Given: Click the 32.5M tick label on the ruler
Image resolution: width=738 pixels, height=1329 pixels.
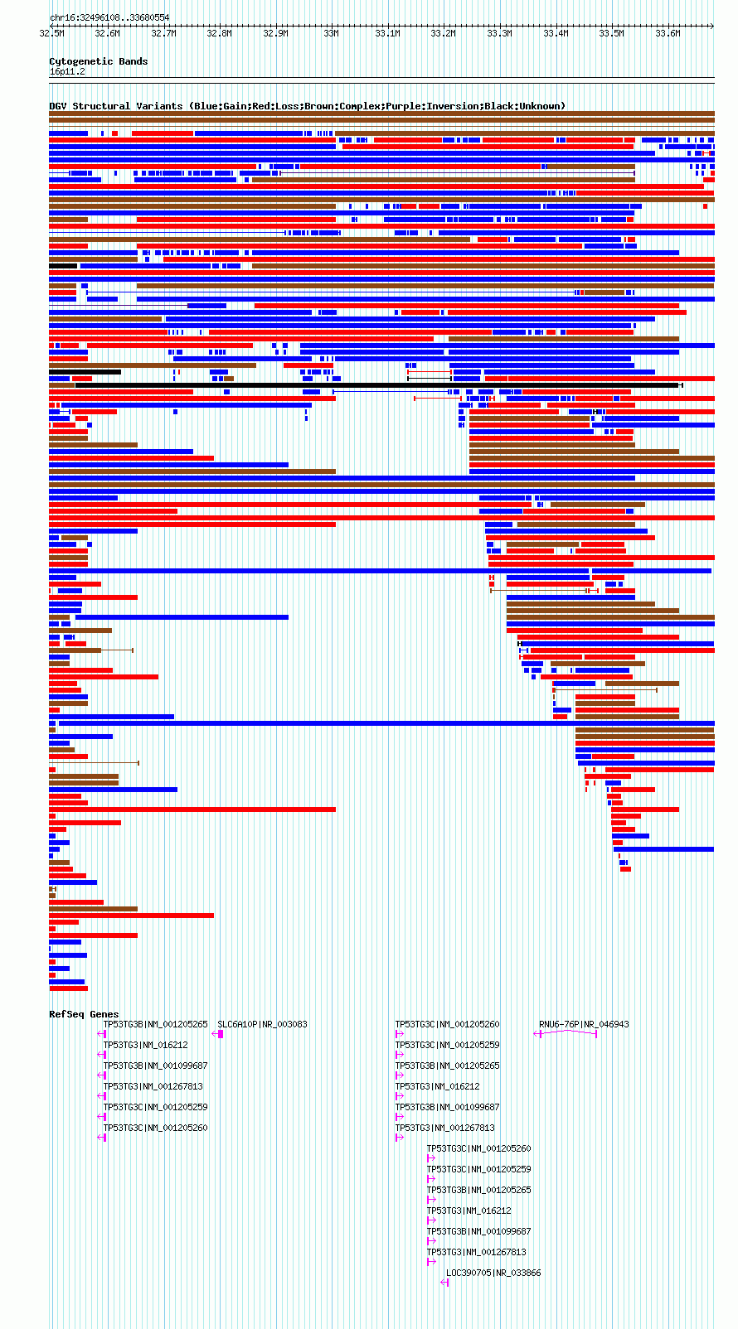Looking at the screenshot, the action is (x=51, y=33).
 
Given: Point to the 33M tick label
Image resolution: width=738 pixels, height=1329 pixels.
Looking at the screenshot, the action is (x=332, y=33).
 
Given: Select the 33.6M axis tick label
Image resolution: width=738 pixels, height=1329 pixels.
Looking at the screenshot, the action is (x=668, y=33).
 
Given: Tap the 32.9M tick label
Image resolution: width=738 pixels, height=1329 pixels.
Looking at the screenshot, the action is (x=275, y=33).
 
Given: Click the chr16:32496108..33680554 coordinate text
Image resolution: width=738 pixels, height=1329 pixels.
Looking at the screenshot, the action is (x=109, y=17).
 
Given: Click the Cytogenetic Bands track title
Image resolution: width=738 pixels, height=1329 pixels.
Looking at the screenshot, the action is (x=99, y=61).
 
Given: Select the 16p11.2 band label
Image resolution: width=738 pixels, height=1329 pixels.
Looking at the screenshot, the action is (x=67, y=72).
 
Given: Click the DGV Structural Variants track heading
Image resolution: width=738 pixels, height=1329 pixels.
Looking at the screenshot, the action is (x=307, y=106).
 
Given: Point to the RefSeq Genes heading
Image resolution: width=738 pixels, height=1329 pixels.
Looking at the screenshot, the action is (x=84, y=1014).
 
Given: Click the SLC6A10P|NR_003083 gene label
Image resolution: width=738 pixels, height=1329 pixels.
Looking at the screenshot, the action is (x=262, y=1024).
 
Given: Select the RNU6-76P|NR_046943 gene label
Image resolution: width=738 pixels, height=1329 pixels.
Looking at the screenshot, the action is (x=584, y=1024).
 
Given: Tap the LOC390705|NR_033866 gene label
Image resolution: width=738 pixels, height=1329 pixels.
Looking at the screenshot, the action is (x=493, y=1273).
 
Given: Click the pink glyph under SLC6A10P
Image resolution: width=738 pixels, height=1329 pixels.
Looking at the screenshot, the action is (x=217, y=1034).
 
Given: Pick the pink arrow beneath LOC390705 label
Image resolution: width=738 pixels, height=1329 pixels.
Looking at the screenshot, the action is (x=444, y=1283).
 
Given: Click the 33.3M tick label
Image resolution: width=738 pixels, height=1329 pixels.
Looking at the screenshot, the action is (x=499, y=33).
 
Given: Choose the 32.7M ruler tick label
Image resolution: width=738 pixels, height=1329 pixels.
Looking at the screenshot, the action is (x=163, y=33).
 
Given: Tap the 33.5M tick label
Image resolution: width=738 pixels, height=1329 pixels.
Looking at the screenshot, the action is (x=611, y=33).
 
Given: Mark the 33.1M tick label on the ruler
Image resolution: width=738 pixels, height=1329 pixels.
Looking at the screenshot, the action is (x=388, y=33).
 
